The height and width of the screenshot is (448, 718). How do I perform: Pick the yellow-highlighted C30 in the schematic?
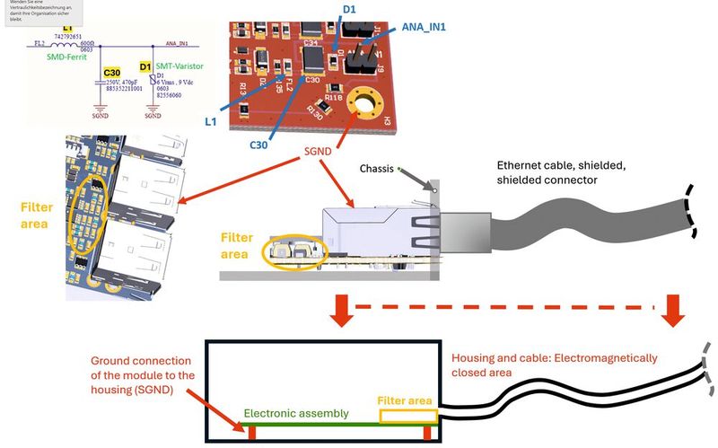[x=111, y=72]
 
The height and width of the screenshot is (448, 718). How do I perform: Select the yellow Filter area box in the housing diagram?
[x=408, y=415]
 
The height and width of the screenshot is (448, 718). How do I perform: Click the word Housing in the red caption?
[x=472, y=358]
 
